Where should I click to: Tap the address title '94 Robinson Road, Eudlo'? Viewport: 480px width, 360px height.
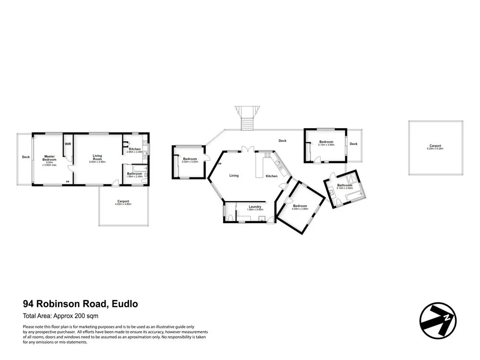click(81, 304)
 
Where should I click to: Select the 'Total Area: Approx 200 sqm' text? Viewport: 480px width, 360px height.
click(60, 316)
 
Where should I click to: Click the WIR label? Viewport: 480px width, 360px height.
click(68, 144)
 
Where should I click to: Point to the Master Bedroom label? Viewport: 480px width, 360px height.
click(49, 157)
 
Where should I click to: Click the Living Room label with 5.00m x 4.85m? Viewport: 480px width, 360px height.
click(97, 157)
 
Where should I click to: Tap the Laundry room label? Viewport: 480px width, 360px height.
click(255, 207)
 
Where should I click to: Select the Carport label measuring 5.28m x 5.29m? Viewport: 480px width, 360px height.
click(435, 146)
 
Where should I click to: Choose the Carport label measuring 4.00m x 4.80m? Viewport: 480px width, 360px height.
click(123, 202)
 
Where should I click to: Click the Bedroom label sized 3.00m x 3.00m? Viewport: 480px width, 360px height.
click(190, 159)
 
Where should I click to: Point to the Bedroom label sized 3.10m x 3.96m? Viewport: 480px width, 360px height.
click(326, 142)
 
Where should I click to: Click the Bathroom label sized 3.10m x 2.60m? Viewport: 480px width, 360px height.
click(345, 186)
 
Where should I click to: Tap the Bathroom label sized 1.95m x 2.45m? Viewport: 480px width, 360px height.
click(134, 174)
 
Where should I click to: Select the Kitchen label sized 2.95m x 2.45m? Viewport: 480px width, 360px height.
click(135, 149)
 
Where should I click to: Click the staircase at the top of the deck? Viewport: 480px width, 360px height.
click(246, 119)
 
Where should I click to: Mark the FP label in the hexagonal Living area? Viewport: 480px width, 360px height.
click(220, 164)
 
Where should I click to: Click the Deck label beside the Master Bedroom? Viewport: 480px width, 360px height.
click(25, 156)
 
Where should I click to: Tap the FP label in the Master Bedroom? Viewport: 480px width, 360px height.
click(67, 181)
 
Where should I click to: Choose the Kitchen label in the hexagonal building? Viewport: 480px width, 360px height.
click(272, 176)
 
